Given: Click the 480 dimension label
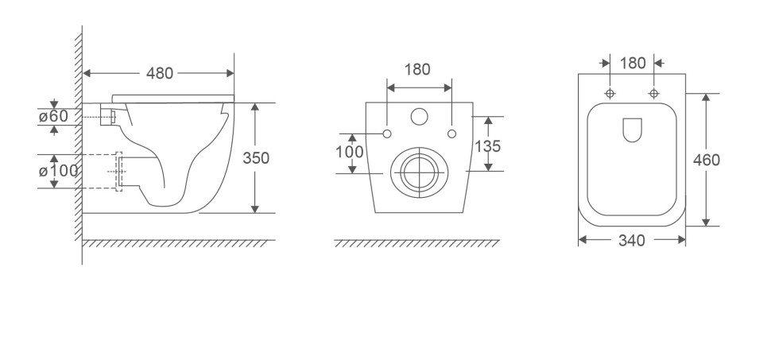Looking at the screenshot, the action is click(x=160, y=73).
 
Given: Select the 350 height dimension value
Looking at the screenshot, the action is click(x=256, y=158).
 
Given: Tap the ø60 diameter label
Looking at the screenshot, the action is click(x=53, y=117).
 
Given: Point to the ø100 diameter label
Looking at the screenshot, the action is click(x=58, y=171).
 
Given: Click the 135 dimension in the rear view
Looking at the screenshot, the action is click(x=488, y=146).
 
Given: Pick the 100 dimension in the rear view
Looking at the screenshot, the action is click(x=350, y=152).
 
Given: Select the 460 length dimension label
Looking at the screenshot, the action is click(x=706, y=160).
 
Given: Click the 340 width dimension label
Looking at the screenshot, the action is click(x=631, y=241).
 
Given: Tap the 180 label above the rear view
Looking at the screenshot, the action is click(x=417, y=70).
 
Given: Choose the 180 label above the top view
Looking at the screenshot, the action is click(x=633, y=64).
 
